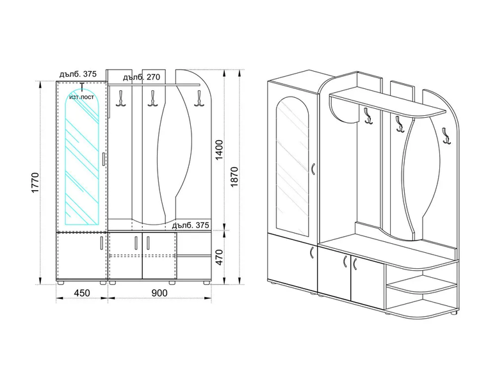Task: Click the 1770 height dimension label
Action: [x=35, y=182]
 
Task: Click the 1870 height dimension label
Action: [x=234, y=177]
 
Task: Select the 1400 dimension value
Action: [x=219, y=150]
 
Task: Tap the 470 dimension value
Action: [x=219, y=257]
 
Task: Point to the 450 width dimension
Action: [x=82, y=292]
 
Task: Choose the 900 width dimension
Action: [x=159, y=292]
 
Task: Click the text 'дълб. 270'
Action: [x=142, y=77]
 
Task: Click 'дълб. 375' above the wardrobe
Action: [x=77, y=74]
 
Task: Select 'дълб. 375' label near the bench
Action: [x=190, y=225]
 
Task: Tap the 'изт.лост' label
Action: [x=82, y=97]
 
